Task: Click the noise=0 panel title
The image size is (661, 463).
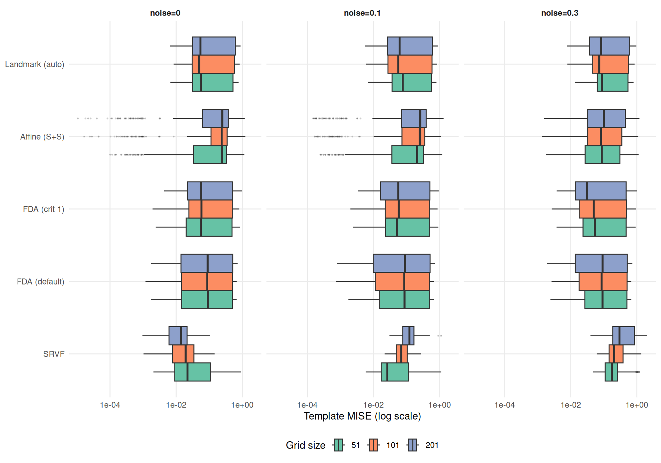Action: [165, 13]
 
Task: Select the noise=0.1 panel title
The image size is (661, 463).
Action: [362, 13]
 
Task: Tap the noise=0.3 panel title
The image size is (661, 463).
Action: [559, 13]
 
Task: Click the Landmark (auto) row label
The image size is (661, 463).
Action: [34, 64]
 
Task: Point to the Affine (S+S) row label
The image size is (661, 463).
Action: [42, 137]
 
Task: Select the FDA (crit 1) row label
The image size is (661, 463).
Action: [43, 209]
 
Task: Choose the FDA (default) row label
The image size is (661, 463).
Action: [40, 282]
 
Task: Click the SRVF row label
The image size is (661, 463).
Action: [54, 354]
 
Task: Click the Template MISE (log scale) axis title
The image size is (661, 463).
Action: [362, 416]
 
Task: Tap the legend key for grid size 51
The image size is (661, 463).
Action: [339, 445]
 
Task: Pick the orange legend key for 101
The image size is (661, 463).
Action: [373, 445]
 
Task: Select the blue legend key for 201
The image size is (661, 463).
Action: [413, 445]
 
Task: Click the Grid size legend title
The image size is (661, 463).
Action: [305, 445]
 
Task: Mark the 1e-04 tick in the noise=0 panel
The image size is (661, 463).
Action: [110, 405]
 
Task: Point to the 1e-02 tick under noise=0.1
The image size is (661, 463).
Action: [373, 405]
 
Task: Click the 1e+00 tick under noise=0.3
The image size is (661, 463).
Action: [637, 405]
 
